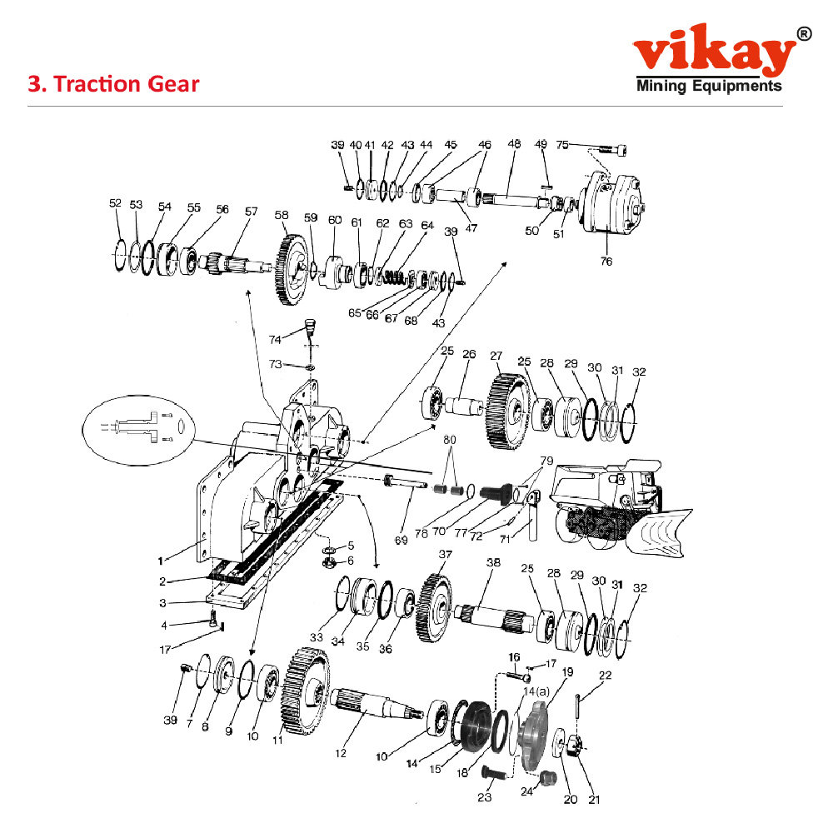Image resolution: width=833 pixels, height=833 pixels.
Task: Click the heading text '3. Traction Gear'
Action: coord(114,84)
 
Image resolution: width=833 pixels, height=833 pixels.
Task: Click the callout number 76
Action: coord(606,262)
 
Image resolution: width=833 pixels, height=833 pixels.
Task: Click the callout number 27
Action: coord(496,356)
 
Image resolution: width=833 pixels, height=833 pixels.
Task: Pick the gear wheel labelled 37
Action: coord(436,606)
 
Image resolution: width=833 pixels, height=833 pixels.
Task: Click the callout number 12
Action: coord(340,754)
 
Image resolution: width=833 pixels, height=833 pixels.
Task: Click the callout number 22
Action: coord(605,676)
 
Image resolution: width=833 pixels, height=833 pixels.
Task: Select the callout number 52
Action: coord(115,203)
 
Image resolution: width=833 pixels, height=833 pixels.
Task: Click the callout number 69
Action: coord(402,541)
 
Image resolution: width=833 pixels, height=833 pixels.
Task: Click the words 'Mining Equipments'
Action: coord(709,86)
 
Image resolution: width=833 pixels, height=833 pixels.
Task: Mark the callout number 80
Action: coord(451,438)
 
